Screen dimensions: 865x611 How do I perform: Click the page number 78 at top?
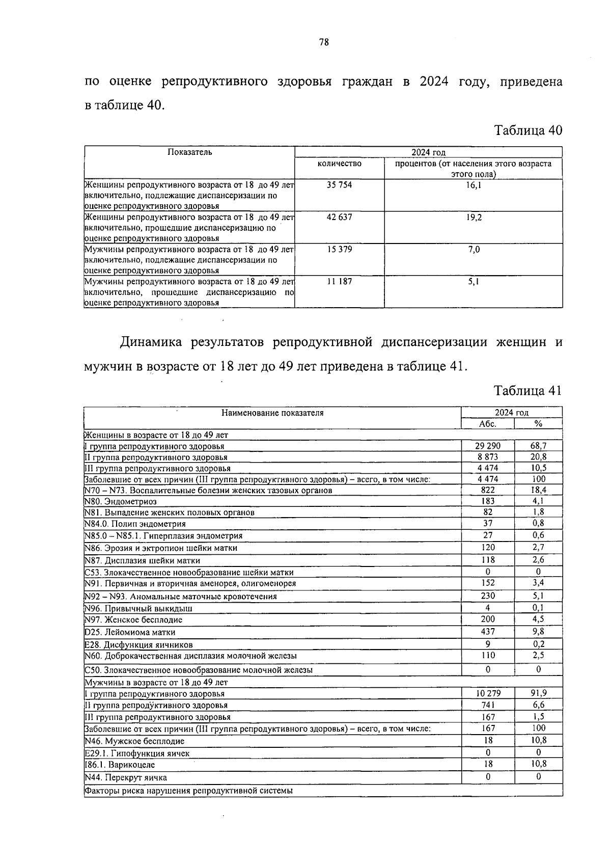pyautogui.click(x=324, y=43)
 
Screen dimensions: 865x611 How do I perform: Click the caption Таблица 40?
pyautogui.click(x=528, y=130)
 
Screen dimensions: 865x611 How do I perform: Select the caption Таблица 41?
pyautogui.click(x=528, y=391)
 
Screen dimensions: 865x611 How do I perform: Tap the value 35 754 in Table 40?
pyautogui.click(x=339, y=185)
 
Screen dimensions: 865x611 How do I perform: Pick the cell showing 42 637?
pyautogui.click(x=339, y=218)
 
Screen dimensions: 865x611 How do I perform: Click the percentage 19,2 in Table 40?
pyautogui.click(x=474, y=218)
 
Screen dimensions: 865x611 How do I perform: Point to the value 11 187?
pyautogui.click(x=339, y=281)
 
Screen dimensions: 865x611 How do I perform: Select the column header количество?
pyautogui.click(x=339, y=164)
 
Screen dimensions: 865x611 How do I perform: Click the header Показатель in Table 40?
pyautogui.click(x=189, y=152)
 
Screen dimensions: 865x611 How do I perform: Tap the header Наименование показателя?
pyautogui.click(x=272, y=413)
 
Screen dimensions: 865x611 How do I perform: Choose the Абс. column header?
pyautogui.click(x=487, y=424)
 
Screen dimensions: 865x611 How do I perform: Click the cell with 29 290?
pyautogui.click(x=487, y=446)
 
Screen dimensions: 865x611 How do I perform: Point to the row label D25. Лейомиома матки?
pyautogui.click(x=130, y=632)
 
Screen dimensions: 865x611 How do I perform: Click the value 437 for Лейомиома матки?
pyautogui.click(x=487, y=632)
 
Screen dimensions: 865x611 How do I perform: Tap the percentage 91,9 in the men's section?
pyautogui.click(x=538, y=693)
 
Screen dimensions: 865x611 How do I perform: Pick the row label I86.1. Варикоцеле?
pyautogui.click(x=120, y=765)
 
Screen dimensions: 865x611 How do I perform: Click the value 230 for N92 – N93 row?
pyautogui.click(x=487, y=596)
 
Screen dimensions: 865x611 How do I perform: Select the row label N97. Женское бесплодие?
pyautogui.click(x=133, y=620)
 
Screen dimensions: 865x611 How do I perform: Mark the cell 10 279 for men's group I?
pyautogui.click(x=487, y=693)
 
